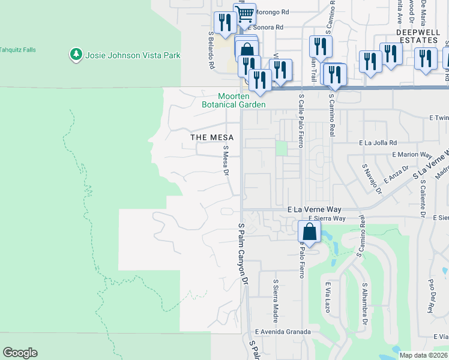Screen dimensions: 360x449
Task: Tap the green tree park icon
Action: [x=76, y=55]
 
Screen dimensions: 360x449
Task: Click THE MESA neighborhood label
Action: [x=212, y=137]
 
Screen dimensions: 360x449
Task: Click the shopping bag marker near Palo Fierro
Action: [x=309, y=232]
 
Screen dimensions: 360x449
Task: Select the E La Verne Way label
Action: [x=315, y=209]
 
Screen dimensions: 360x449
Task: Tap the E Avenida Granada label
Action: [x=283, y=332]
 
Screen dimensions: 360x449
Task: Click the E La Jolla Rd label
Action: [x=378, y=143]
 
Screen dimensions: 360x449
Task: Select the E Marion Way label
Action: [x=412, y=154]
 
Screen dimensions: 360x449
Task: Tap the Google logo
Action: [x=20, y=353]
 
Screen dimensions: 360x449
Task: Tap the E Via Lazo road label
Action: [x=328, y=298]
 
